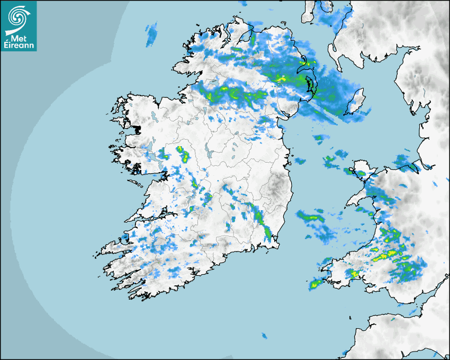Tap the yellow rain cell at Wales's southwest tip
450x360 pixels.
[x=315, y=284]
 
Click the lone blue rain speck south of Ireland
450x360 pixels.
[x=264, y=336]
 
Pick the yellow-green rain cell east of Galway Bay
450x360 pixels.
[x=183, y=154]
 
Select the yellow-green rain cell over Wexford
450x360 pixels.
[x=268, y=231]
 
